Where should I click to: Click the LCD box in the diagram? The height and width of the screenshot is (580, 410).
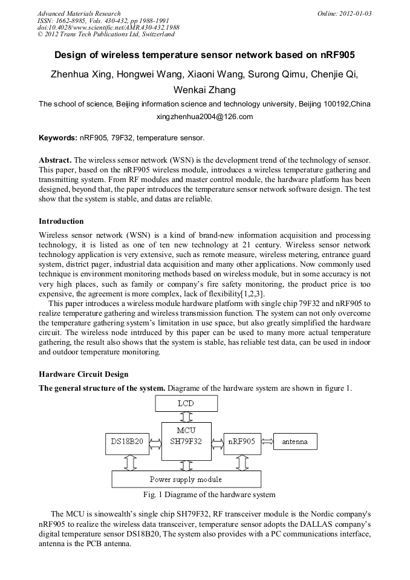pyautogui.click(x=186, y=403)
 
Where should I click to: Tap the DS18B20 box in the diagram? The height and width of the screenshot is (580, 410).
pyautogui.click(x=127, y=442)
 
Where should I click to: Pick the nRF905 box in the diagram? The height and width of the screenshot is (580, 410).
pyautogui.click(x=241, y=442)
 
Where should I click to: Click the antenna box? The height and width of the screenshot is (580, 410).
pyautogui.click(x=294, y=442)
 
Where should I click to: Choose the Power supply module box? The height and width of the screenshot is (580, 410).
pyautogui.click(x=186, y=480)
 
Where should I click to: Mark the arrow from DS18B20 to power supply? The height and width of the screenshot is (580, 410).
pyautogui.click(x=128, y=462)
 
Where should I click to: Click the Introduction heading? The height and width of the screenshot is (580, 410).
pyautogui.click(x=61, y=221)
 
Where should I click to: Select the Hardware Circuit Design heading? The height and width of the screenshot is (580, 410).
pyautogui.click(x=83, y=374)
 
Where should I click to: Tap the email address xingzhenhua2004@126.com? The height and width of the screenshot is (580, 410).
pyautogui.click(x=204, y=117)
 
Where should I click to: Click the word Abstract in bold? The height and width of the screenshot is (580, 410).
pyautogui.click(x=55, y=160)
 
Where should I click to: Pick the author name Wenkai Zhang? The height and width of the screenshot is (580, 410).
pyautogui.click(x=204, y=90)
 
